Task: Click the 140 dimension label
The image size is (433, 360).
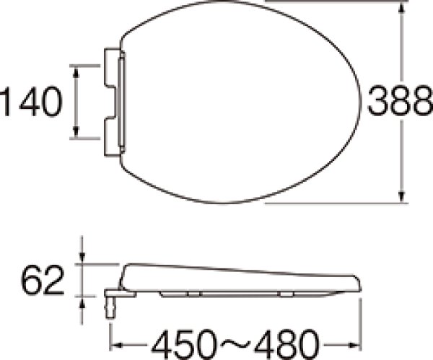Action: (31, 102)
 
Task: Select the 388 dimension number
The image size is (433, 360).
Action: (400, 100)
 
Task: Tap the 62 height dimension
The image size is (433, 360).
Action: (43, 280)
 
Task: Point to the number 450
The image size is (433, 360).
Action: (184, 344)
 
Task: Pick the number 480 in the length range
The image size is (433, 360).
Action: (287, 344)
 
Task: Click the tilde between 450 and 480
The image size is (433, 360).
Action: (235, 344)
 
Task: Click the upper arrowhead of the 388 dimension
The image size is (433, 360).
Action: (402, 8)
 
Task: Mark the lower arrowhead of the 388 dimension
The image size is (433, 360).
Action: (402, 197)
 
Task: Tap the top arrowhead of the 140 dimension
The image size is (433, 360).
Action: (76, 71)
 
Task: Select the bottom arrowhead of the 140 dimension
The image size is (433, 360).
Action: (76, 131)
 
